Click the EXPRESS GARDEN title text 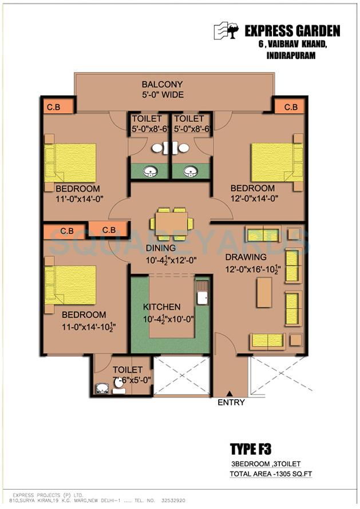(x=292, y=31)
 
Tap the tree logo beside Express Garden (x=226, y=31)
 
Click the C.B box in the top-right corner (x=290, y=107)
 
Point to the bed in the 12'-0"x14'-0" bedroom (x=276, y=162)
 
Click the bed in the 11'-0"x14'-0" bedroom (x=70, y=162)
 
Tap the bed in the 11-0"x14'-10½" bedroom (x=70, y=284)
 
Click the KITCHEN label (x=161, y=307)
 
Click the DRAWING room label (x=245, y=257)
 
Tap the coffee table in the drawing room (x=264, y=292)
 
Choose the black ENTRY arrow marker (x=230, y=393)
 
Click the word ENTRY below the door (x=231, y=403)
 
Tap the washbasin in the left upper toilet (x=150, y=171)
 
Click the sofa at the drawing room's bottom (x=267, y=341)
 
